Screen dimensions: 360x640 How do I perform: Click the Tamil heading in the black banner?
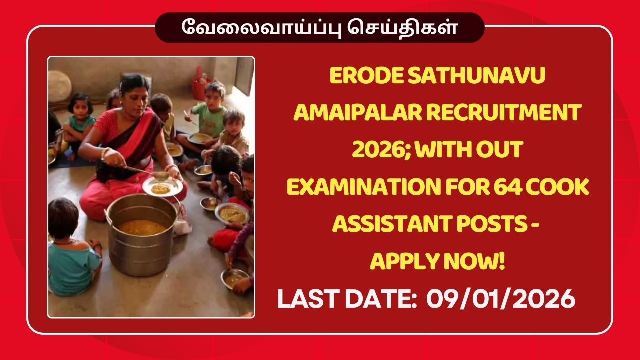pyautogui.click(x=320, y=27)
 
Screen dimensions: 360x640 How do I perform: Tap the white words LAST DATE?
pyautogui.click(x=347, y=299)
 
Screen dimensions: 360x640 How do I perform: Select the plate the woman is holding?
pyautogui.click(x=162, y=187)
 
